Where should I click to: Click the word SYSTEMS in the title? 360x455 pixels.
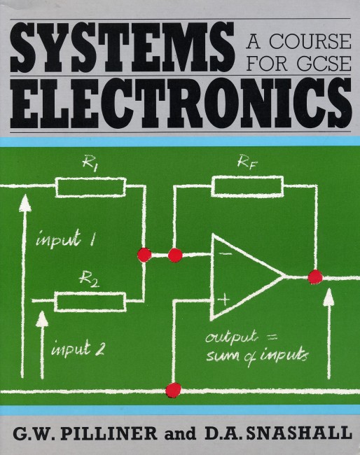click(x=123, y=47)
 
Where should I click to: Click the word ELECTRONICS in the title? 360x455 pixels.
click(x=181, y=104)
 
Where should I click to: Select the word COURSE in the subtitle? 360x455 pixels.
click(x=310, y=41)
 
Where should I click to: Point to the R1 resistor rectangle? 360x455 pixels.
click(x=90, y=188)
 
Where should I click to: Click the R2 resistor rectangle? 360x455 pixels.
click(x=90, y=302)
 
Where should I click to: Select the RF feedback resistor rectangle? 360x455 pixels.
click(x=247, y=186)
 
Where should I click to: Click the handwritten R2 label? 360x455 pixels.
click(x=89, y=280)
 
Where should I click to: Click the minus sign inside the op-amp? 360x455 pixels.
click(x=226, y=253)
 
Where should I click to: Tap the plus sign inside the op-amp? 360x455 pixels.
click(x=223, y=300)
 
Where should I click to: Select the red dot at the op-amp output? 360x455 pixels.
click(x=315, y=276)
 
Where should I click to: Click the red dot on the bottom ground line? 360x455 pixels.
click(x=173, y=390)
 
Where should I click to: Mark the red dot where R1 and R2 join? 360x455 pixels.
click(x=144, y=255)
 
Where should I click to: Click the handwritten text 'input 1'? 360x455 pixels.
click(x=65, y=239)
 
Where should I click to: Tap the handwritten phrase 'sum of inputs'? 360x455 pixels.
click(x=257, y=356)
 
